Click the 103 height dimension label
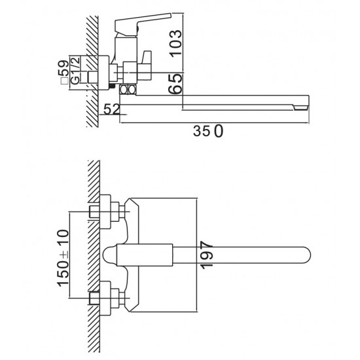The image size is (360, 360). pos(176,43)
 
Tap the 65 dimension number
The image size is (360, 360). pos(175,84)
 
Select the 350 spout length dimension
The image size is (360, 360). pos(208,131)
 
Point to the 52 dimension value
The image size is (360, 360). pos(111,109)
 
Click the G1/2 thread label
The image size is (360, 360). pos(75,70)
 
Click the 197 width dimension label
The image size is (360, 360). pos(206,255)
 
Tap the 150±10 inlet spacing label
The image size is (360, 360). pos(63,258)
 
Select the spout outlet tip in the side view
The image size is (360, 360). pos(301,107)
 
